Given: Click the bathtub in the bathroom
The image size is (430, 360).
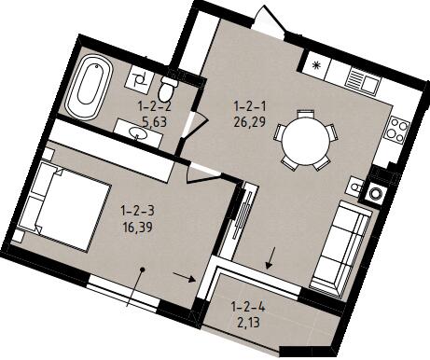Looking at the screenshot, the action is (x=89, y=88).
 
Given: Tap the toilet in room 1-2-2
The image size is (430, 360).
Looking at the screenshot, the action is (x=167, y=87).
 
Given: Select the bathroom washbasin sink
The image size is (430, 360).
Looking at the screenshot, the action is (x=139, y=133).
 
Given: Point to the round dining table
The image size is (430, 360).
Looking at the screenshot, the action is (x=306, y=140).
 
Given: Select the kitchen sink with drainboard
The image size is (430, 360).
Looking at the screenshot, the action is (x=363, y=81).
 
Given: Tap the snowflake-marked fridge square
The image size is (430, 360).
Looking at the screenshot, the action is (x=316, y=65).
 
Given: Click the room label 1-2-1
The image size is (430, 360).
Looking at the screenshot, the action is (x=251, y=107).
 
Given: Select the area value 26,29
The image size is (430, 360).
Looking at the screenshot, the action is (x=250, y=122).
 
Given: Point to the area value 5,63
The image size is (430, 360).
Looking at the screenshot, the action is (x=155, y=122).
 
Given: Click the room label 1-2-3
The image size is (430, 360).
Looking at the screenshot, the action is (x=138, y=212).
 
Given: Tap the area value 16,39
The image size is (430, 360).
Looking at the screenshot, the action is (x=137, y=228).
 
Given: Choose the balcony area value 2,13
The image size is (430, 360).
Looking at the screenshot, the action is (x=248, y=324).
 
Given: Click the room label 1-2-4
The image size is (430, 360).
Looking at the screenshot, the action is (x=248, y=308).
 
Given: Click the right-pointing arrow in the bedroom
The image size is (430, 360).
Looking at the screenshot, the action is (x=185, y=277).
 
